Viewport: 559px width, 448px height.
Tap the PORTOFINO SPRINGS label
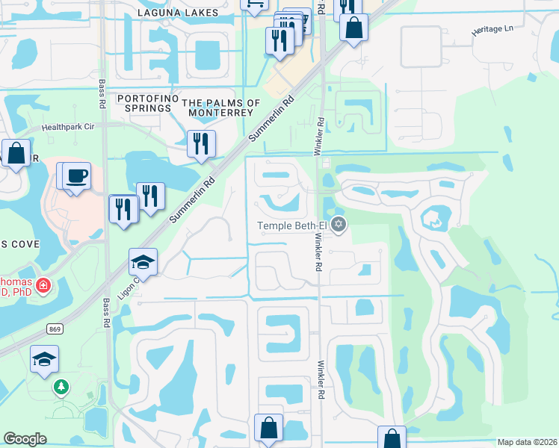tap(144, 105)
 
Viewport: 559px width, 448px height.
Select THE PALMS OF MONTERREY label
tap(222, 108)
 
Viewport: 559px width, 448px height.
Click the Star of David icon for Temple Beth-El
tap(339, 223)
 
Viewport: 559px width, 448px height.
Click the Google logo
tap(25, 439)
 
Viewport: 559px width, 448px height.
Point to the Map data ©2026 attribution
tap(527, 442)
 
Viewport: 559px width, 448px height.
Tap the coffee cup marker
tap(77, 176)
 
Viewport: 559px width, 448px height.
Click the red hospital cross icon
tap(43, 285)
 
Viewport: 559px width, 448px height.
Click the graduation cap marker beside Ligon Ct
tap(143, 262)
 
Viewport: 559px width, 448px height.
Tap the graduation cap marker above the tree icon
tap(45, 358)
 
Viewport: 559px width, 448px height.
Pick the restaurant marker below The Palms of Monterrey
tap(201, 143)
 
